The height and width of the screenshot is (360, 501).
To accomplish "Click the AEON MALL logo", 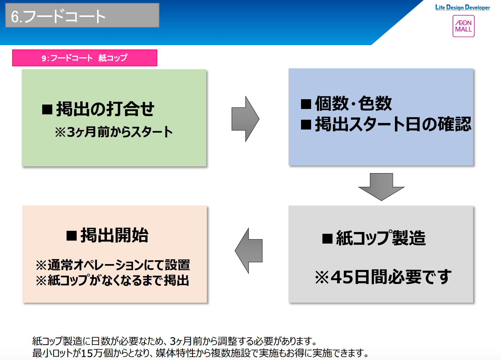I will (463, 26).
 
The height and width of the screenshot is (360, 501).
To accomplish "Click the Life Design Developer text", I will (462, 7).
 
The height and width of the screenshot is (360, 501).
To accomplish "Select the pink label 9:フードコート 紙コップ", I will (84, 58).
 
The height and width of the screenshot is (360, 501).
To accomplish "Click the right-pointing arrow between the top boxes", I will (245, 119).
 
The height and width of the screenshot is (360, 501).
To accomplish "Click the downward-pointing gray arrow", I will (381, 187).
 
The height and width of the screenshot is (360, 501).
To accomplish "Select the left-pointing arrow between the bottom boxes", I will (249, 251).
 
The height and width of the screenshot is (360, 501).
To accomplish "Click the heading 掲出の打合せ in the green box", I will (105, 109).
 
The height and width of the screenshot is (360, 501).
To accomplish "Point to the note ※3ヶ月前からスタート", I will (114, 132).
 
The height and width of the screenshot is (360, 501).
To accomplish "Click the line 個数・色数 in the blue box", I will (353, 104).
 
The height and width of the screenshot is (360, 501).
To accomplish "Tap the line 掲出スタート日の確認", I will (393, 124).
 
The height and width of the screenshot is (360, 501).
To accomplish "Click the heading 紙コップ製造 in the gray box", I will (381, 238).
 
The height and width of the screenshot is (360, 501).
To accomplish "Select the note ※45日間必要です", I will (383, 277).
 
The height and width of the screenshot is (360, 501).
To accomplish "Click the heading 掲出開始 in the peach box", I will (114, 236).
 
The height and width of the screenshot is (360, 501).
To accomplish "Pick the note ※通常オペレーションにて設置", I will (113, 265).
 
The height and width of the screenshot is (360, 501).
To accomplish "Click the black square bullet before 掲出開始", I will (72, 236).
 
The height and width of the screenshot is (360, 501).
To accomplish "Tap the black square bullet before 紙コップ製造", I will (327, 239).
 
